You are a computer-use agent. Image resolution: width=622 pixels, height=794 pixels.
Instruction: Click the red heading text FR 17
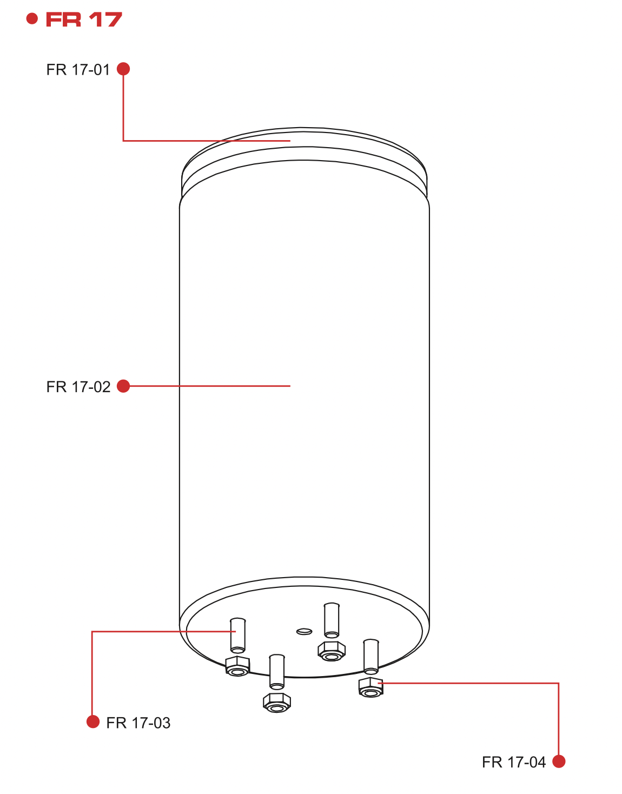click(84, 20)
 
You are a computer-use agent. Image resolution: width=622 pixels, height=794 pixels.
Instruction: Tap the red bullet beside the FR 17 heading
click(32, 19)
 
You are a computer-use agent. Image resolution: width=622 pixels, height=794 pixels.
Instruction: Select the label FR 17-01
click(78, 70)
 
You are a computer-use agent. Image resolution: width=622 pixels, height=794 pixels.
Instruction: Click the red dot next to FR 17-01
click(123, 69)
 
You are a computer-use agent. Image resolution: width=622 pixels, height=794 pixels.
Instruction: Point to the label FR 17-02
click(78, 387)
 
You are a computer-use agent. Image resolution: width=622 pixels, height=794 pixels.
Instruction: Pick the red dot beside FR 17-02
click(123, 386)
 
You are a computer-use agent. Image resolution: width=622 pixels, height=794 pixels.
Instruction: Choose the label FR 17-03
click(138, 723)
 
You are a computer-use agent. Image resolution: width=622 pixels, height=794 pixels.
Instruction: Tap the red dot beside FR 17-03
click(93, 722)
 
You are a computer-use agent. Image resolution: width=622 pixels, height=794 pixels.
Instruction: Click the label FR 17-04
click(514, 762)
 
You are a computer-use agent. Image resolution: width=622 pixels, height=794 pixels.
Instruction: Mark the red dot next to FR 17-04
click(559, 761)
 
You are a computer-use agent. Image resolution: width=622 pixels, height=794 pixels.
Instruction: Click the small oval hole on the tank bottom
click(305, 631)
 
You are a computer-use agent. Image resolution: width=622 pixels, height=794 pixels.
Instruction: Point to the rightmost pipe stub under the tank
click(371, 656)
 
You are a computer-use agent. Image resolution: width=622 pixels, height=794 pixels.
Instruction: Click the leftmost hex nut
click(237, 666)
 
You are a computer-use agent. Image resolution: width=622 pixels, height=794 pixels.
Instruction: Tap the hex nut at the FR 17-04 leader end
click(370, 687)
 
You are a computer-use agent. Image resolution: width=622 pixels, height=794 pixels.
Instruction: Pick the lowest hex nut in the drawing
click(277, 703)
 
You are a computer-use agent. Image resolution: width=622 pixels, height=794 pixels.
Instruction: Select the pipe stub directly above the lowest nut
click(277, 671)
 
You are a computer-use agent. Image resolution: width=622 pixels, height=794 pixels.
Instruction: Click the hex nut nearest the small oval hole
click(331, 651)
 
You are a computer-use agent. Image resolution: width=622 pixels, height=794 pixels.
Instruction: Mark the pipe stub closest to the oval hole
click(332, 620)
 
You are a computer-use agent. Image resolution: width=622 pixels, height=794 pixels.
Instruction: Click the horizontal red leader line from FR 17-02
click(211, 386)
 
